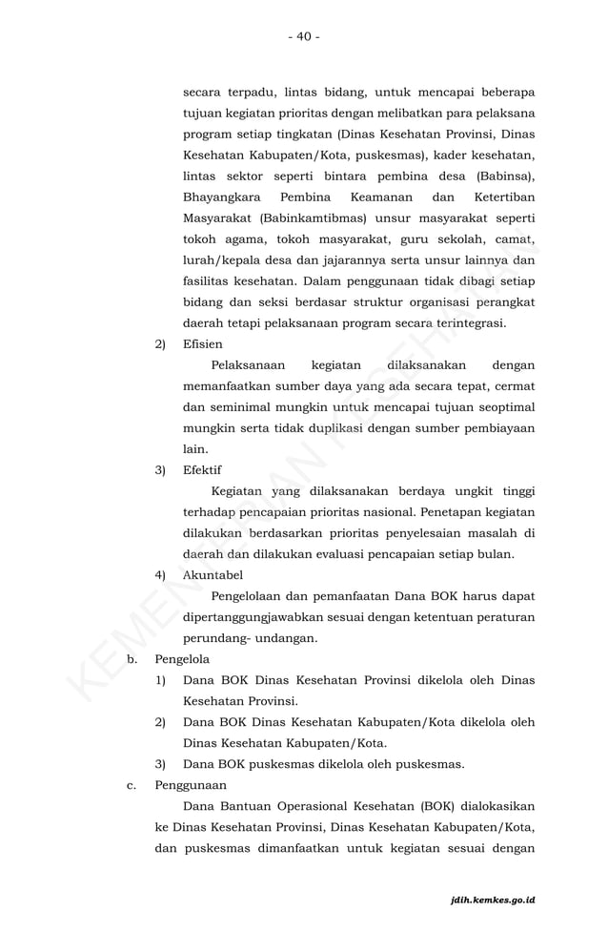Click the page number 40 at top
point(303,36)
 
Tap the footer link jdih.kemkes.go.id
point(493,900)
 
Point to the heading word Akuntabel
point(213,575)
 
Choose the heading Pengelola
point(182,659)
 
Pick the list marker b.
point(132,659)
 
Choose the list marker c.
point(132,785)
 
